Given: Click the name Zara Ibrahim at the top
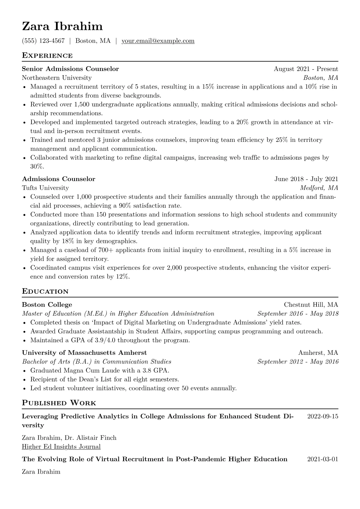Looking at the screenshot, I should pos(62,27).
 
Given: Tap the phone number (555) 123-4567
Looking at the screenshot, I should pos(43,41).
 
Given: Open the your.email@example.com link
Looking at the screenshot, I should pos(158,41).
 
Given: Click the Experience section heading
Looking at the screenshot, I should pos(47,56).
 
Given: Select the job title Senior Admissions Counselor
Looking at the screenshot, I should pos(70,69).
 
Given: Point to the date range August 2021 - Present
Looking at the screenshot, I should pos(306,69).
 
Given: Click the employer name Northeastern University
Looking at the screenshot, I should pos(57,78).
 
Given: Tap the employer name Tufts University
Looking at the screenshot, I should pos(45,188).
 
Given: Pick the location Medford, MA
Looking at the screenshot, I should pos(319,188).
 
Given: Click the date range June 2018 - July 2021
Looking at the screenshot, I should pos(306,179).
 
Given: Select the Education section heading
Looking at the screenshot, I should pos(45,292).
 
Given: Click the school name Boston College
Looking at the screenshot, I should pos(47,305).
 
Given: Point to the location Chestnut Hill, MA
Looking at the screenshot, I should pos(311,305).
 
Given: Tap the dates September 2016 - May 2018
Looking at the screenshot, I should pos(298,314).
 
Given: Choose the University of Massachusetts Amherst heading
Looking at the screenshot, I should pos(84,353).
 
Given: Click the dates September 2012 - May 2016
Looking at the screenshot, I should pos(298,362).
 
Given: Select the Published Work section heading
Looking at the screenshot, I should pos(59,403).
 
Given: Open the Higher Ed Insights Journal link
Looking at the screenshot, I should pos(61,447).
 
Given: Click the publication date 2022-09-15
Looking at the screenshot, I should pos(322,416).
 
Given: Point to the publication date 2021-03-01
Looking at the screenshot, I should pos(322,459).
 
